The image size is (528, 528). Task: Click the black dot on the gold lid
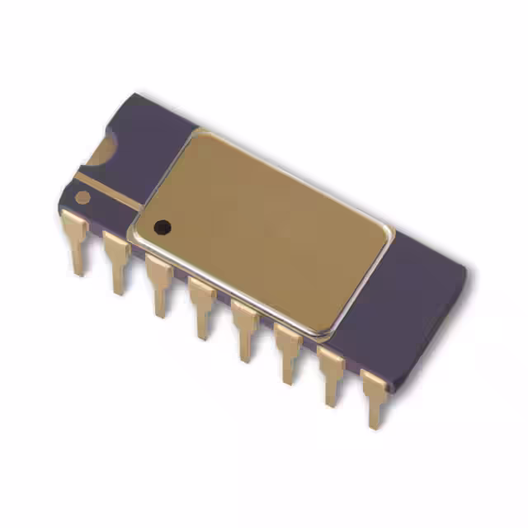pos(163,224)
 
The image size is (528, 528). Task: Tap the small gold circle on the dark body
pos(82,197)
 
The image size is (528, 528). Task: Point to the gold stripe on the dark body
pos(111,189)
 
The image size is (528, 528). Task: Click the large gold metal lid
pos(264,227)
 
